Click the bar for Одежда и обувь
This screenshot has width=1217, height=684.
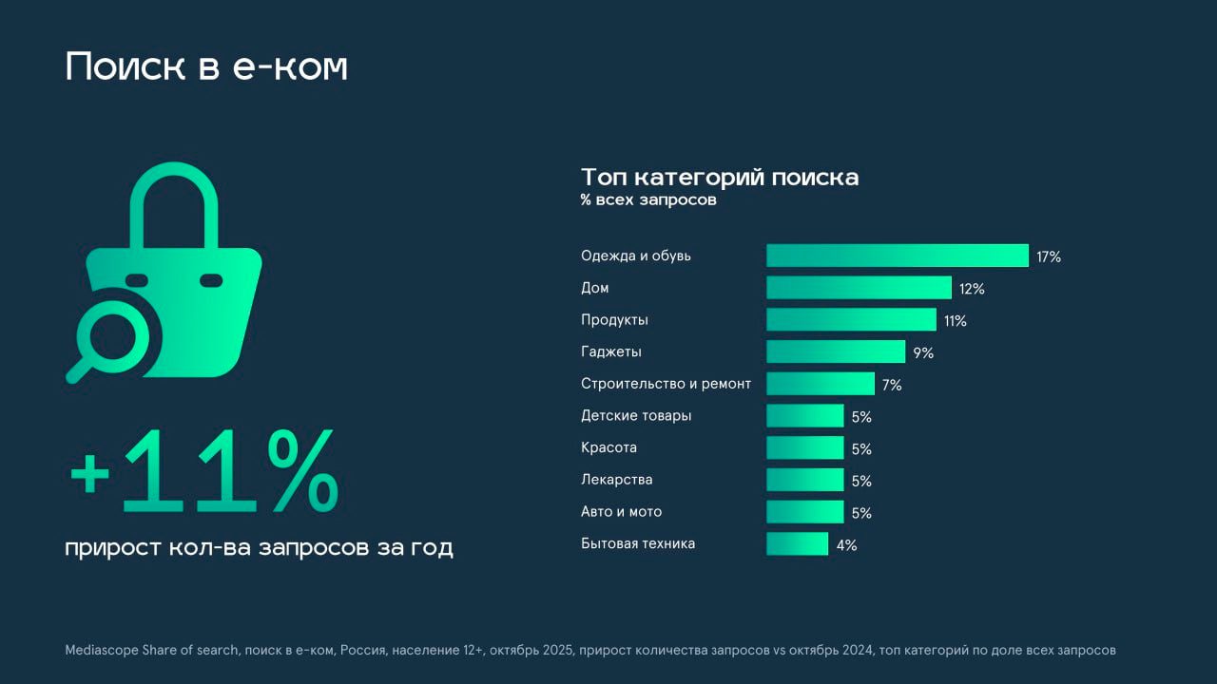[x=898, y=256]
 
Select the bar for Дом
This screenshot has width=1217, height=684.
[x=859, y=288]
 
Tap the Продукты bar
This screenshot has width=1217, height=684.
[x=851, y=319]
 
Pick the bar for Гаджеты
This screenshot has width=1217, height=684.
[x=836, y=351]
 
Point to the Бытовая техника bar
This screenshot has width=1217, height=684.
[x=797, y=543]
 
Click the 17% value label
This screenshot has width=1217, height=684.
[x=1049, y=256]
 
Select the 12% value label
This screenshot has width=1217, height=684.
[x=972, y=289]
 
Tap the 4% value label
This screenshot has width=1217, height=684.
[x=846, y=545]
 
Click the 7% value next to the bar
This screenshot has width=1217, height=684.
[x=891, y=385]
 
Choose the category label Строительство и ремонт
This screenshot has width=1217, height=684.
[x=666, y=384]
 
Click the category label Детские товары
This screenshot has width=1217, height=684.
[x=636, y=415]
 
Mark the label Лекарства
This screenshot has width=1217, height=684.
[x=616, y=480]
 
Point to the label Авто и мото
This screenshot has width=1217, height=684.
[x=621, y=511]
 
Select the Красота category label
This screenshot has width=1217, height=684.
[x=608, y=447]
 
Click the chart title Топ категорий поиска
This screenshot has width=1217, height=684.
[x=719, y=178]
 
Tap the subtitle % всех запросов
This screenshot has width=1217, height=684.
[x=648, y=200]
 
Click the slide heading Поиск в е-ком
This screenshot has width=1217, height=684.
[x=206, y=67]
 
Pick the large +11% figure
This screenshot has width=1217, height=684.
[x=203, y=472]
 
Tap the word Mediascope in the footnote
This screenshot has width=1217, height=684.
[x=102, y=651]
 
